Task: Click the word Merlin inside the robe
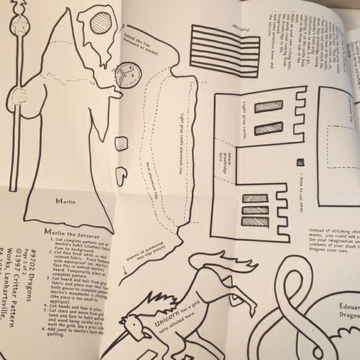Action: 65,201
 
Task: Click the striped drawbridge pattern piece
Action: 225,44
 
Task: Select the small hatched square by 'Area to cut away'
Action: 300,163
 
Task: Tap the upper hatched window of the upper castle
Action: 268,106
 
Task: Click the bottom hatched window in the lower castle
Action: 255,222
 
